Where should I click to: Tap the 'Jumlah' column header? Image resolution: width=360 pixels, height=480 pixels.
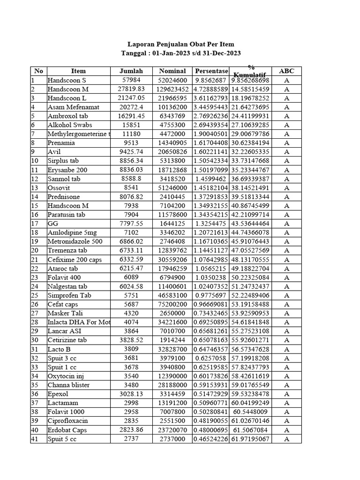pos(131,71)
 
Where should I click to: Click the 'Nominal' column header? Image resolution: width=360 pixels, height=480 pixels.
pos(172,71)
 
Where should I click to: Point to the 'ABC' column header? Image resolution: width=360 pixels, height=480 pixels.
pos(286,71)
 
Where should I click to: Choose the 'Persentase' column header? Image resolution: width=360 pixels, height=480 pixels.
pos(211,71)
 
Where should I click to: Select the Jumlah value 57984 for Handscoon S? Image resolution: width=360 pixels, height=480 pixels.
pos(131,80)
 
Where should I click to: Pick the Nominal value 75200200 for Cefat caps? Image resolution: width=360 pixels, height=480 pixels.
pos(172,305)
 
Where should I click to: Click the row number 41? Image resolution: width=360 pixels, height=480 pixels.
pos(35,439)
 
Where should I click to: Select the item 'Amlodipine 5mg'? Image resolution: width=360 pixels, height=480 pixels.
pos(72,233)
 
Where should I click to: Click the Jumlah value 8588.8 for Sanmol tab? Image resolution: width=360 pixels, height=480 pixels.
pos(131,179)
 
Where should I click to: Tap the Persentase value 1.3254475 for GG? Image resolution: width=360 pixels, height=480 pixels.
pos(211,224)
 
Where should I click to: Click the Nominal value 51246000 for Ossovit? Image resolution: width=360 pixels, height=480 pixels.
pos(172,188)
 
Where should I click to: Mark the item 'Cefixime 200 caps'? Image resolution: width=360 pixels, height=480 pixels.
pos(75,260)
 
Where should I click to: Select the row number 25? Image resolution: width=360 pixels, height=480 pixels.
pos(35,296)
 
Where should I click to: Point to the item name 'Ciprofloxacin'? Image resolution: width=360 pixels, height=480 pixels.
pos(67,421)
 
